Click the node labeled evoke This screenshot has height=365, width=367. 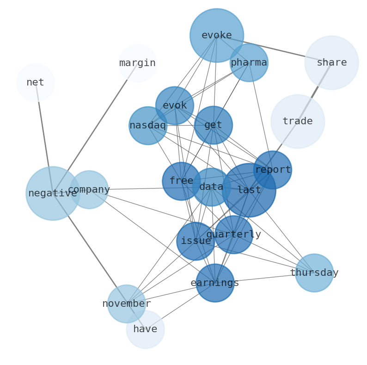click(216, 36)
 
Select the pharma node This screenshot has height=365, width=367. click(249, 63)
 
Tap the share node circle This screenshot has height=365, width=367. click(331, 63)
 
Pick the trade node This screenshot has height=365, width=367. click(297, 122)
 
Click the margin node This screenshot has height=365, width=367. click(137, 63)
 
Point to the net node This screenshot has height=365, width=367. click(36, 83)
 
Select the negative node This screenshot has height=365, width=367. click(53, 193)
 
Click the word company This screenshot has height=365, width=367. click(89, 189)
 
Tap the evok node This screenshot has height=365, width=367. click(175, 106)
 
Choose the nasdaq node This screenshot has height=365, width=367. click(147, 126)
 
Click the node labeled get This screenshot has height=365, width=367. click(213, 125)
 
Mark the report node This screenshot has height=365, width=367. click(273, 170)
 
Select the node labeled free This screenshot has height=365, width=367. click(181, 181)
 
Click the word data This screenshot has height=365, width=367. click(211, 187)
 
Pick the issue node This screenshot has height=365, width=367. click(196, 241)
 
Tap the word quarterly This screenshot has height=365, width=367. click(233, 235)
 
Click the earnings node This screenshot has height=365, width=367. click(215, 283)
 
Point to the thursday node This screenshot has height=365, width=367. click(314, 273)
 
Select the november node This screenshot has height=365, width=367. click(127, 304)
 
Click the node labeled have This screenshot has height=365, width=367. click(145, 329)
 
